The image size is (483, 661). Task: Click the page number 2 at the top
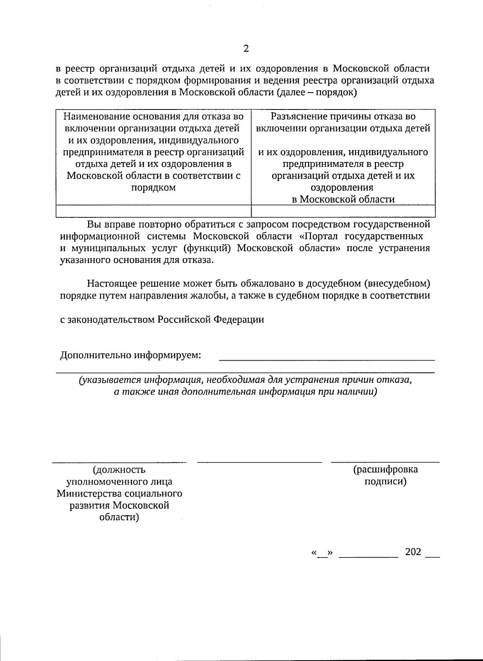tap(246, 49)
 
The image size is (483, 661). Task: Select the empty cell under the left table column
tap(153, 211)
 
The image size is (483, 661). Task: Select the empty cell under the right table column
tap(343, 211)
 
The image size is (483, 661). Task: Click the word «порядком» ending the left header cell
tap(153, 188)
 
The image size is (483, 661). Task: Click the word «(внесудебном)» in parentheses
tap(397, 283)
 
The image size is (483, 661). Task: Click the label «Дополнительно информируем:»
tap(130, 355)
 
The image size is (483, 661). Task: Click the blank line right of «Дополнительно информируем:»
tap(326, 358)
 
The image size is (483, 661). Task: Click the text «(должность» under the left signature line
tap(119, 470)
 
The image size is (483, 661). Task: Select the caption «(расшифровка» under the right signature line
tap(385, 469)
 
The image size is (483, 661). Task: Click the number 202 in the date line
tap(413, 552)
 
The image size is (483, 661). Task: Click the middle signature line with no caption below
tap(260, 462)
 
